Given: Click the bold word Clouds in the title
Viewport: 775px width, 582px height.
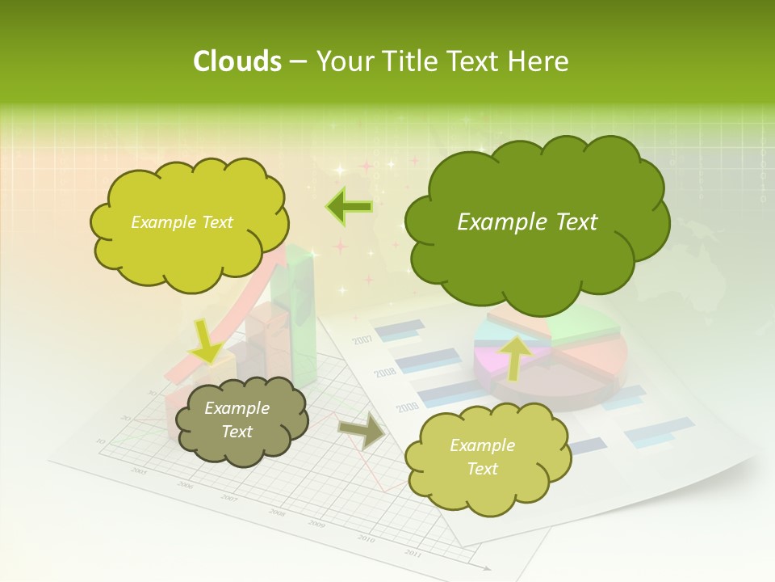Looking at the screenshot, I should (x=237, y=61).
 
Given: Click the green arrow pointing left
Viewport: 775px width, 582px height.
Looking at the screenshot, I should (x=350, y=207).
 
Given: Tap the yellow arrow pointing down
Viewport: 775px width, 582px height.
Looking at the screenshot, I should (x=207, y=343).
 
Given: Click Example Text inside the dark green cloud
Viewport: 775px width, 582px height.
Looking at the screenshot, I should (x=527, y=222).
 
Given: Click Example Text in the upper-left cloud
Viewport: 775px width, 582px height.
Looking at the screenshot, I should (x=182, y=222).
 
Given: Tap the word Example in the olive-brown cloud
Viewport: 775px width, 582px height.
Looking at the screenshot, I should (x=237, y=408).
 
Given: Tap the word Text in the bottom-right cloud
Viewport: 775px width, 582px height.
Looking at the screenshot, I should (x=482, y=469).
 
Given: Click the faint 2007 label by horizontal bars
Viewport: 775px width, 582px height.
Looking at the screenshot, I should (x=362, y=339).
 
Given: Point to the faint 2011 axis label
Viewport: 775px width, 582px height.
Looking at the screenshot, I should (x=413, y=553).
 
